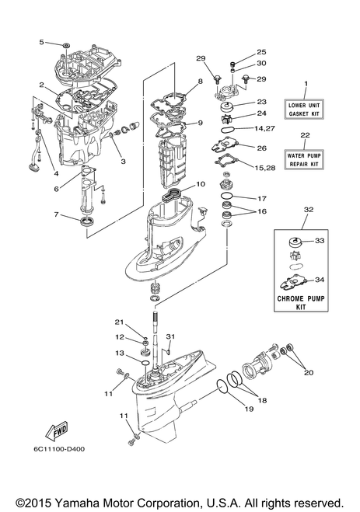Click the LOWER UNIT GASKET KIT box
(x=304, y=110)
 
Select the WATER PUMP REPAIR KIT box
(x=304, y=160)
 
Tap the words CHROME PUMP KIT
(x=301, y=303)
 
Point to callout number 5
(x=41, y=42)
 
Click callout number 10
(x=201, y=184)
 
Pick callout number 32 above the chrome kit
(x=309, y=210)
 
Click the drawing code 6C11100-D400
(x=59, y=449)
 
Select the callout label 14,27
(x=265, y=128)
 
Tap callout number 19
(x=249, y=409)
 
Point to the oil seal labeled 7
(x=87, y=221)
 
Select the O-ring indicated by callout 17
(x=227, y=196)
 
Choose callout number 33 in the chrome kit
(x=320, y=241)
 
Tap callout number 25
(x=261, y=52)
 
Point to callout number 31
(x=170, y=336)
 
